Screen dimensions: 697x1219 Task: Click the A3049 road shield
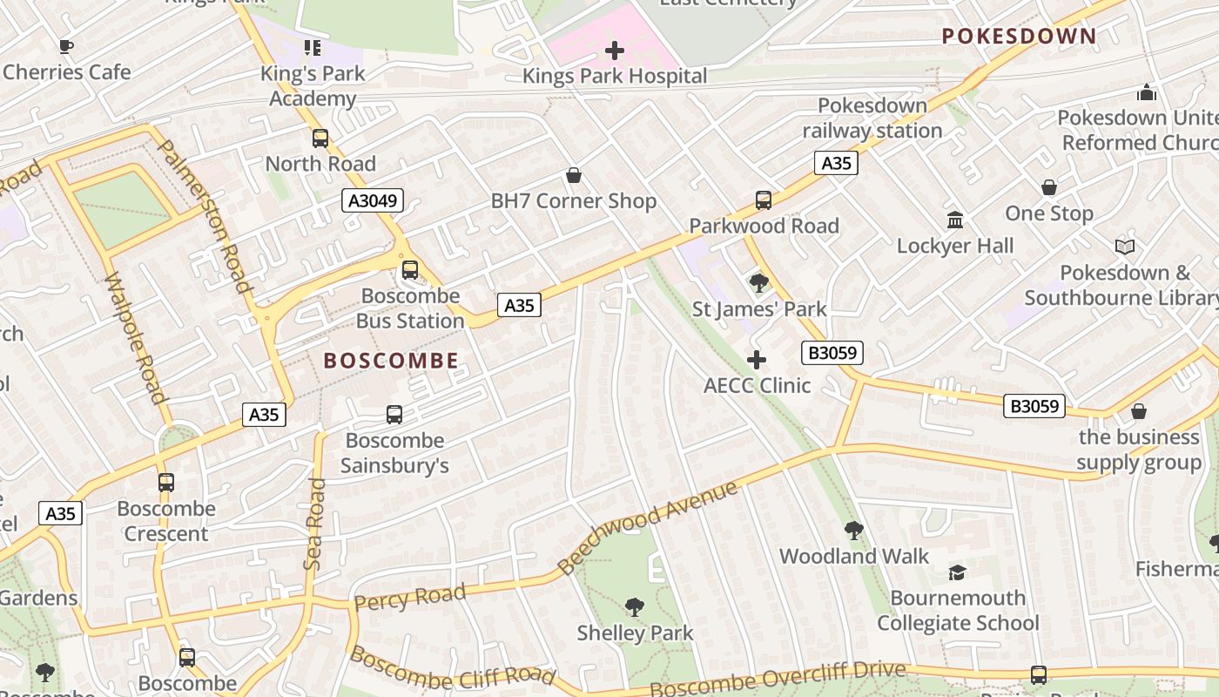(373, 200)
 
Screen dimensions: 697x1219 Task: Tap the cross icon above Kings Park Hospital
(615, 51)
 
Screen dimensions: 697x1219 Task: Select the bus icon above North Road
(320, 138)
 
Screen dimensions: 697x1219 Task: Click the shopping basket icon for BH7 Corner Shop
(574, 176)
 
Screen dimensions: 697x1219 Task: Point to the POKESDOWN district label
(1019, 36)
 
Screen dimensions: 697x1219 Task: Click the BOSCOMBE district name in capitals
(391, 361)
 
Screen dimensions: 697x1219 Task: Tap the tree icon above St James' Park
(758, 282)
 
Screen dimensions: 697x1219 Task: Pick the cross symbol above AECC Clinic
(757, 360)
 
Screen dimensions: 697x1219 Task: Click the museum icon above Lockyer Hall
(955, 220)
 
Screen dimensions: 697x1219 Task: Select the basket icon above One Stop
(1049, 187)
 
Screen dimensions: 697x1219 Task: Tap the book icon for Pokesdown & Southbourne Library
(1125, 247)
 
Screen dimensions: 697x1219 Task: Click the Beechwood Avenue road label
(648, 527)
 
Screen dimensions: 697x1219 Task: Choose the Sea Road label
(314, 524)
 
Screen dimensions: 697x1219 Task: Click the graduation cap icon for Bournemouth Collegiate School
(958, 572)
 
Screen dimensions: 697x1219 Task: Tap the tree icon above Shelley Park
(635, 606)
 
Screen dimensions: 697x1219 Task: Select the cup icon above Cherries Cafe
(66, 46)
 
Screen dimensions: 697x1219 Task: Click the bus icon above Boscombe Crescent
(165, 482)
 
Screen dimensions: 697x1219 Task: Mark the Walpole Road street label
(134, 338)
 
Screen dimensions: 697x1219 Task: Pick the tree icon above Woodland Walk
(854, 530)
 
